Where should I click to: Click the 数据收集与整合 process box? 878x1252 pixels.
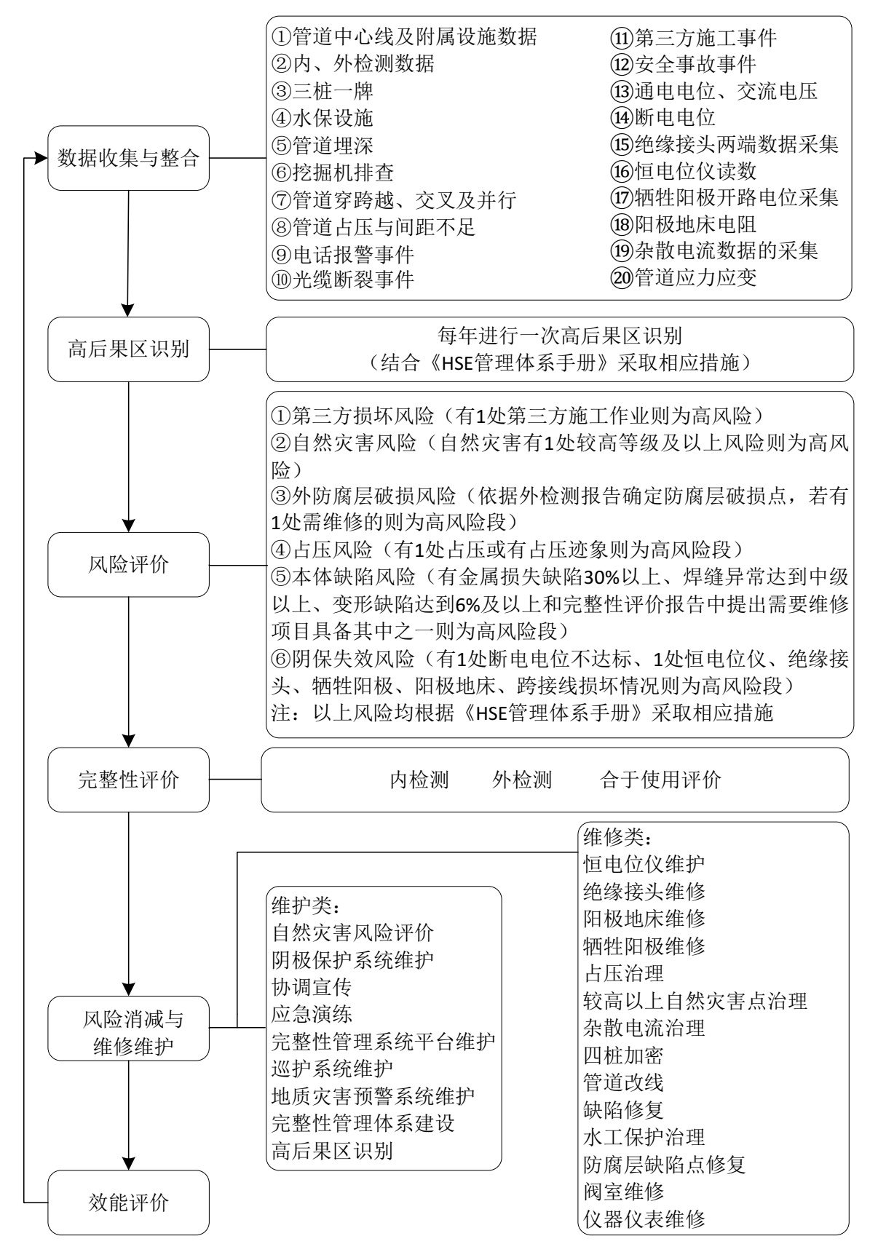click(x=128, y=158)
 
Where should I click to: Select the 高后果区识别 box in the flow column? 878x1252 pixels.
click(x=128, y=349)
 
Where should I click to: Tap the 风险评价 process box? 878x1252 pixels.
click(x=128, y=564)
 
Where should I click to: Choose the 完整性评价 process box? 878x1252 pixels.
click(x=128, y=780)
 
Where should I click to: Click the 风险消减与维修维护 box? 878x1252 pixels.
click(x=128, y=1029)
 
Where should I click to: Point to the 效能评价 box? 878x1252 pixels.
click(x=128, y=1202)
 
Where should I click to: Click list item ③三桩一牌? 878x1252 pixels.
click(x=323, y=91)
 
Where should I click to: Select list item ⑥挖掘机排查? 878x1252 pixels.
click(x=333, y=173)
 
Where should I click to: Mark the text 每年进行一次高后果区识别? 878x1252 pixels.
click(x=559, y=335)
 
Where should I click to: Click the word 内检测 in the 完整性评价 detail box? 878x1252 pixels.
click(x=419, y=780)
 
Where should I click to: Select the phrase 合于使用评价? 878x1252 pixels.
click(x=660, y=780)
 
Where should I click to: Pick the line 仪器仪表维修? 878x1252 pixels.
click(x=644, y=1219)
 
